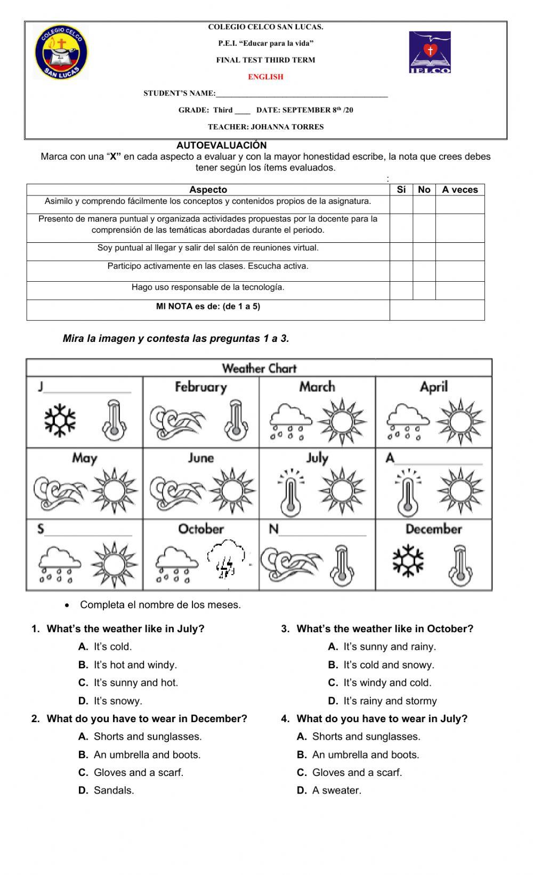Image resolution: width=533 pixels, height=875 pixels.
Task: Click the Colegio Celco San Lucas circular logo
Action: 61,53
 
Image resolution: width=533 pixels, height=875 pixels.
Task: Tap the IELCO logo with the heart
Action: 430,52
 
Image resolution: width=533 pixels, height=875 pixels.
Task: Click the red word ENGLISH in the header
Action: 265,77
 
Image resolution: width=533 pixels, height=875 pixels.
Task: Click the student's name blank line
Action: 302,94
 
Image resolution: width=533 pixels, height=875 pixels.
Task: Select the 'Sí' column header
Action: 401,190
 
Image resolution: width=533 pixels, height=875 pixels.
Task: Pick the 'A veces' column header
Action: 459,190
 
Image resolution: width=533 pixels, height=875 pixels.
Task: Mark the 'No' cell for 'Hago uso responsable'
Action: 424,290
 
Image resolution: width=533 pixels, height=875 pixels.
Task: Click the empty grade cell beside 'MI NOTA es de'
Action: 437,309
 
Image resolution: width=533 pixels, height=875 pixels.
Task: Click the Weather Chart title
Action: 259,368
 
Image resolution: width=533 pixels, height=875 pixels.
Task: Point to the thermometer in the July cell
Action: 290,492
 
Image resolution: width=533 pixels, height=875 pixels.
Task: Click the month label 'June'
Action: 200,458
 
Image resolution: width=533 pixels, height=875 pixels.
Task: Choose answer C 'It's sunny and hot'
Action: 135,682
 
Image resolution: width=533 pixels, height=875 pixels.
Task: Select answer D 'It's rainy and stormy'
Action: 390,701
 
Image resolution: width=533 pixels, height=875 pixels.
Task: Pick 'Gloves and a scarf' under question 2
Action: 138,772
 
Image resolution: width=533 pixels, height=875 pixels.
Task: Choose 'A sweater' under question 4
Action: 336,790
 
